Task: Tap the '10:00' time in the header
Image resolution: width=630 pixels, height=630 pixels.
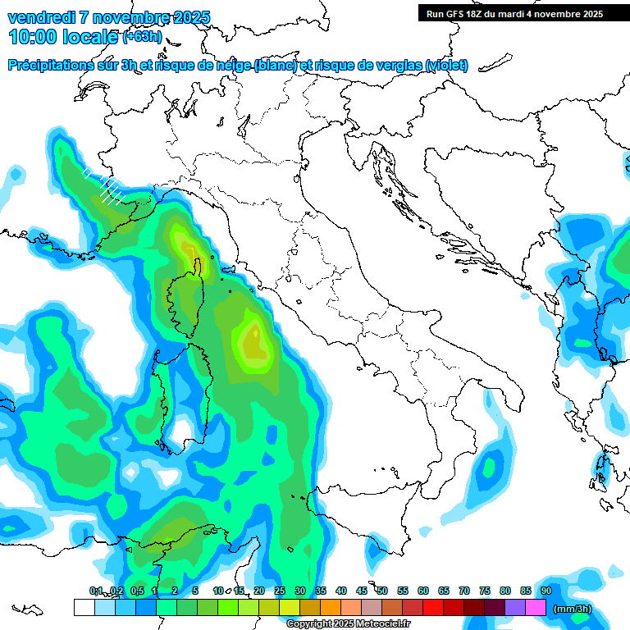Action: [x=34, y=36]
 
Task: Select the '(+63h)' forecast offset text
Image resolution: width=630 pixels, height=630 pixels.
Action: [x=142, y=36]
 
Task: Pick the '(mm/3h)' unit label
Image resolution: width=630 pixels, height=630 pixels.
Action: [x=572, y=609]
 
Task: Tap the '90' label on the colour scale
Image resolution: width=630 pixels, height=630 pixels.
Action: [x=546, y=591]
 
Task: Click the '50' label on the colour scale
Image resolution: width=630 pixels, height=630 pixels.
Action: [x=382, y=591]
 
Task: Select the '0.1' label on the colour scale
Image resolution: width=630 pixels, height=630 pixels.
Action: [x=96, y=591]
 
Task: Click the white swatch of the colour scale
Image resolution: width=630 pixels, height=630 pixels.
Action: [x=84, y=608]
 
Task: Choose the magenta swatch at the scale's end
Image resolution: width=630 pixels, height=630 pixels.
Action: [x=536, y=608]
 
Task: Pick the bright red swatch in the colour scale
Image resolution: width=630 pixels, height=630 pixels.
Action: [x=433, y=608]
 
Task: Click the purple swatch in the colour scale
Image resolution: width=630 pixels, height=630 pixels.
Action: [x=515, y=608]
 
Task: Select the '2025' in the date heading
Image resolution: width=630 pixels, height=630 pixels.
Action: [x=187, y=17]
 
